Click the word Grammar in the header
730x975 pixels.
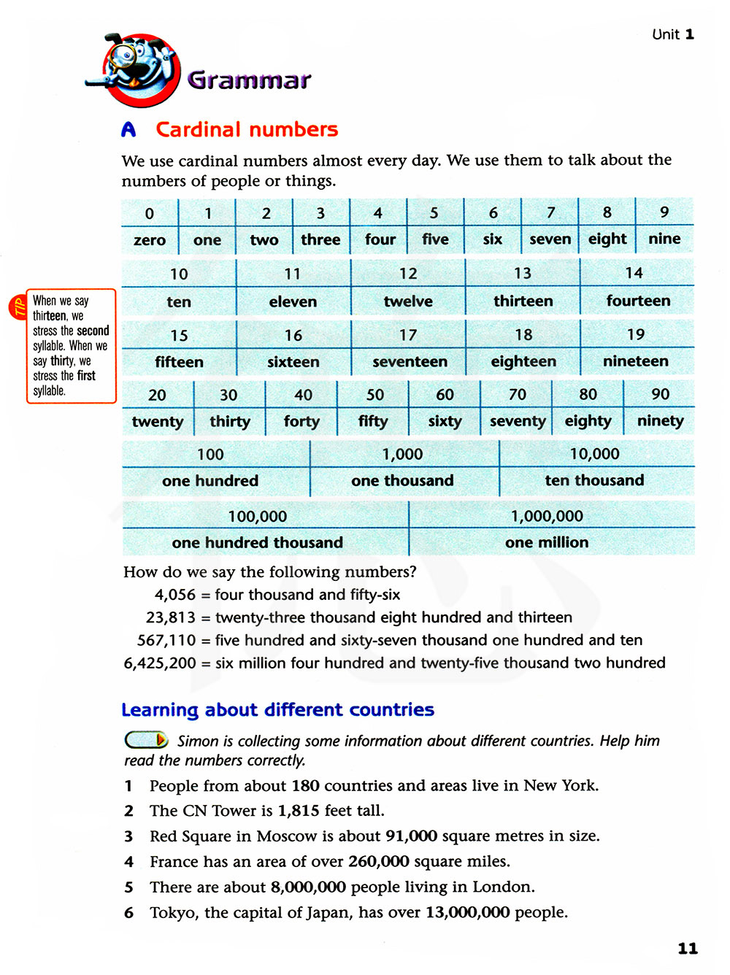[x=249, y=80]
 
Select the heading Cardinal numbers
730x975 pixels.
[x=247, y=130]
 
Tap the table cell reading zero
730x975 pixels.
[x=150, y=240]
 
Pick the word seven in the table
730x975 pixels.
[x=550, y=239]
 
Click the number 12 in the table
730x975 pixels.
[x=408, y=274]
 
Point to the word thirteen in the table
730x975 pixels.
[x=523, y=301]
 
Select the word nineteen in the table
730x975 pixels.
[x=635, y=361]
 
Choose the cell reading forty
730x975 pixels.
[x=301, y=421]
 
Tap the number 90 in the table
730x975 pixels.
[x=660, y=394]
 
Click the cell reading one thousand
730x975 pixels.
[x=402, y=480]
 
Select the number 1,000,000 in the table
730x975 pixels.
[x=547, y=517]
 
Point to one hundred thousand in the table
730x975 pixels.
[x=257, y=543]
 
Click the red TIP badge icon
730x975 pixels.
[x=17, y=307]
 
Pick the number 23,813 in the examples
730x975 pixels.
[x=171, y=617]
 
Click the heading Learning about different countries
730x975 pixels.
[x=277, y=710]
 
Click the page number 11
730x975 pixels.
[x=688, y=949]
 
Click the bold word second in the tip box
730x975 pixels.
[x=93, y=331]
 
